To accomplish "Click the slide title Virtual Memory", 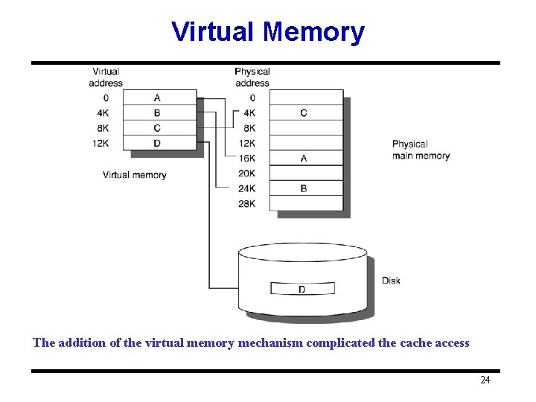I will (268, 32).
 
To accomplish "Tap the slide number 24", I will (485, 380).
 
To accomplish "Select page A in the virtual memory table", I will (157, 98).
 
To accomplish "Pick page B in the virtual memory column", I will (157, 113).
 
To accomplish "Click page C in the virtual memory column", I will (157, 128).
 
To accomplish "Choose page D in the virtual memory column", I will (157, 143).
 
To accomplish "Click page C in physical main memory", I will (304, 113).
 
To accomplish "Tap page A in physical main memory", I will (304, 159).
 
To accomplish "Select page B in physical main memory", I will (304, 188).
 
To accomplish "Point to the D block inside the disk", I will (302, 289).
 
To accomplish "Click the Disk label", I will (391, 281).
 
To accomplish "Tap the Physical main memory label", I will (421, 150).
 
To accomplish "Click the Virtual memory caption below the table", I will (134, 175).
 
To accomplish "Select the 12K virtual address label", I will (100, 143).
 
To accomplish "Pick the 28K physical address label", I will (247, 203).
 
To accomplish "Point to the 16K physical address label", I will (247, 159).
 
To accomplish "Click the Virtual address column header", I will (106, 77).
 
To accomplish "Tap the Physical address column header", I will (252, 77).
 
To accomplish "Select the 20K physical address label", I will (247, 173).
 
